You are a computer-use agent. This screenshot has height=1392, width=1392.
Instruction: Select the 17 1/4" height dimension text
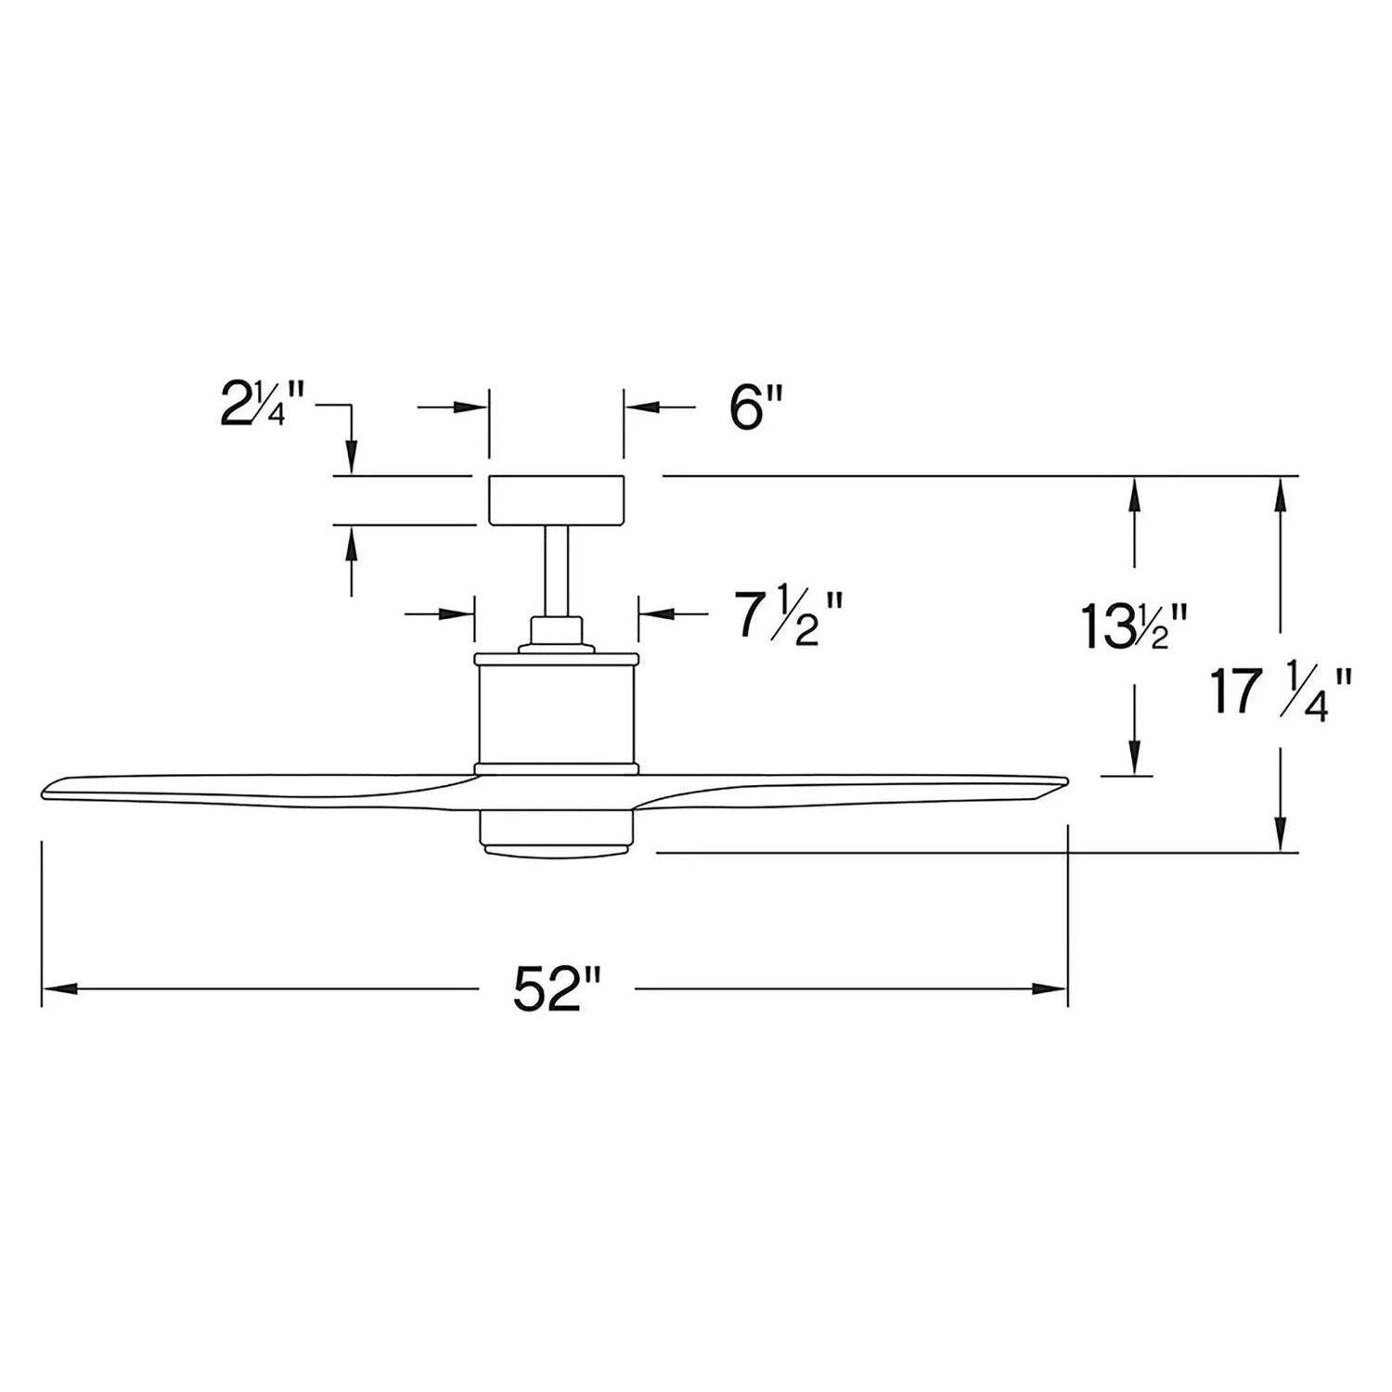tap(1281, 693)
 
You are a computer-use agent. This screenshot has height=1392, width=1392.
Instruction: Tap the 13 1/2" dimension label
tap(1134, 626)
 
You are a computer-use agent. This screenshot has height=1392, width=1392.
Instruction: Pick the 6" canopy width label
tap(756, 408)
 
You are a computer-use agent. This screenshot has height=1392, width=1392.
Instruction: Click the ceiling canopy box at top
tap(557, 500)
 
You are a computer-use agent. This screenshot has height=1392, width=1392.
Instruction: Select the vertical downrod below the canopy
tap(557, 571)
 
